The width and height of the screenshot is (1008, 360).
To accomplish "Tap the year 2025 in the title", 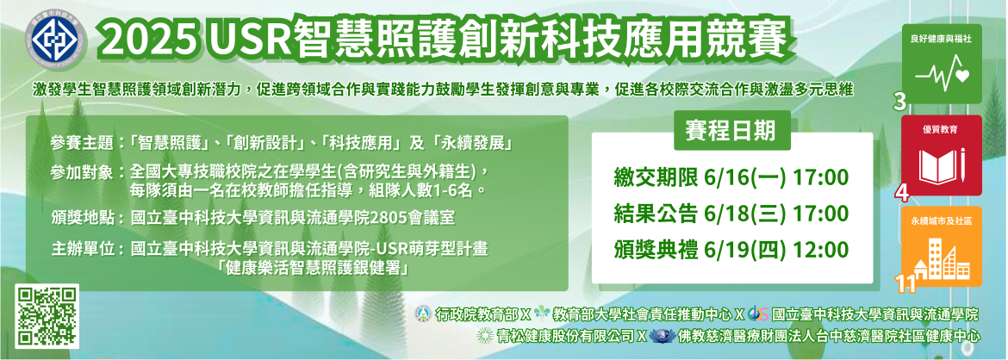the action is (x=147, y=40).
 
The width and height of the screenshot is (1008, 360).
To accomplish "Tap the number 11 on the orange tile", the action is (x=905, y=282).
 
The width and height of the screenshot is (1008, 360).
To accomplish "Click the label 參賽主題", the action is (x=82, y=141).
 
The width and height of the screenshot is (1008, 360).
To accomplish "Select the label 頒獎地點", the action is (x=82, y=217).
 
